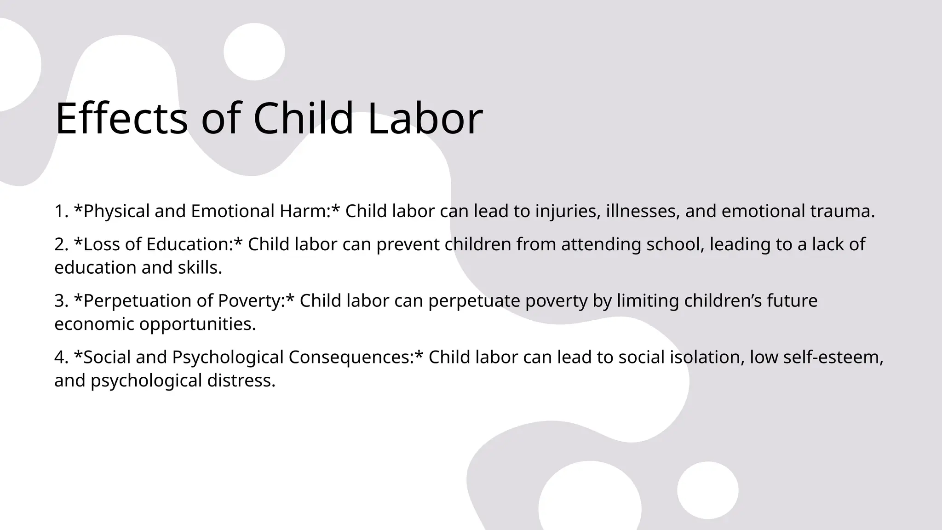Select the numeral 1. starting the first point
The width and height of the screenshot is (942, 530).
point(61,211)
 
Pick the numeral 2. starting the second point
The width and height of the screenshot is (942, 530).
point(61,244)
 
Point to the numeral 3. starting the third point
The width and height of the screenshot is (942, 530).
point(61,301)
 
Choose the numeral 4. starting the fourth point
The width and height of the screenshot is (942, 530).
point(61,357)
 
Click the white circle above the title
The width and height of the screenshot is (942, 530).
point(254,52)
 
